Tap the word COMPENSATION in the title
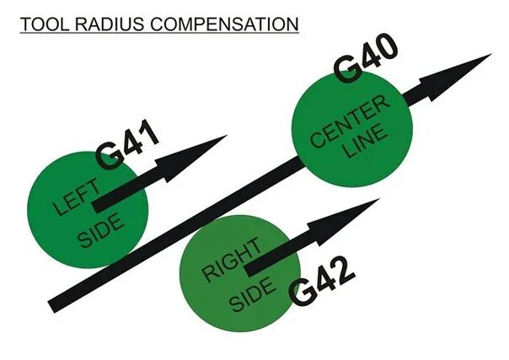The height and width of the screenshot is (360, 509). pos(222,22)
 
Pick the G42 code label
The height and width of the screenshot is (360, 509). pos(322,284)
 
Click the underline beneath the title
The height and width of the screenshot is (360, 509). pos(159,32)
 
